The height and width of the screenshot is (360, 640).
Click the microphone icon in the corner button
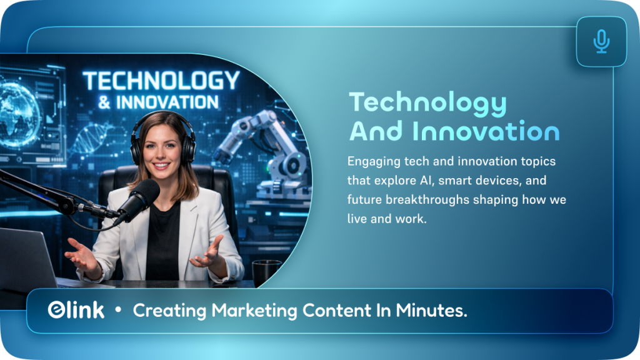601,41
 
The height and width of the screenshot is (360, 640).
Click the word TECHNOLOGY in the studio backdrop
161,81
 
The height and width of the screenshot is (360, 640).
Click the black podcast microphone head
138,199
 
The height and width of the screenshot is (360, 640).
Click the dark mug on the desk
267,272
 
